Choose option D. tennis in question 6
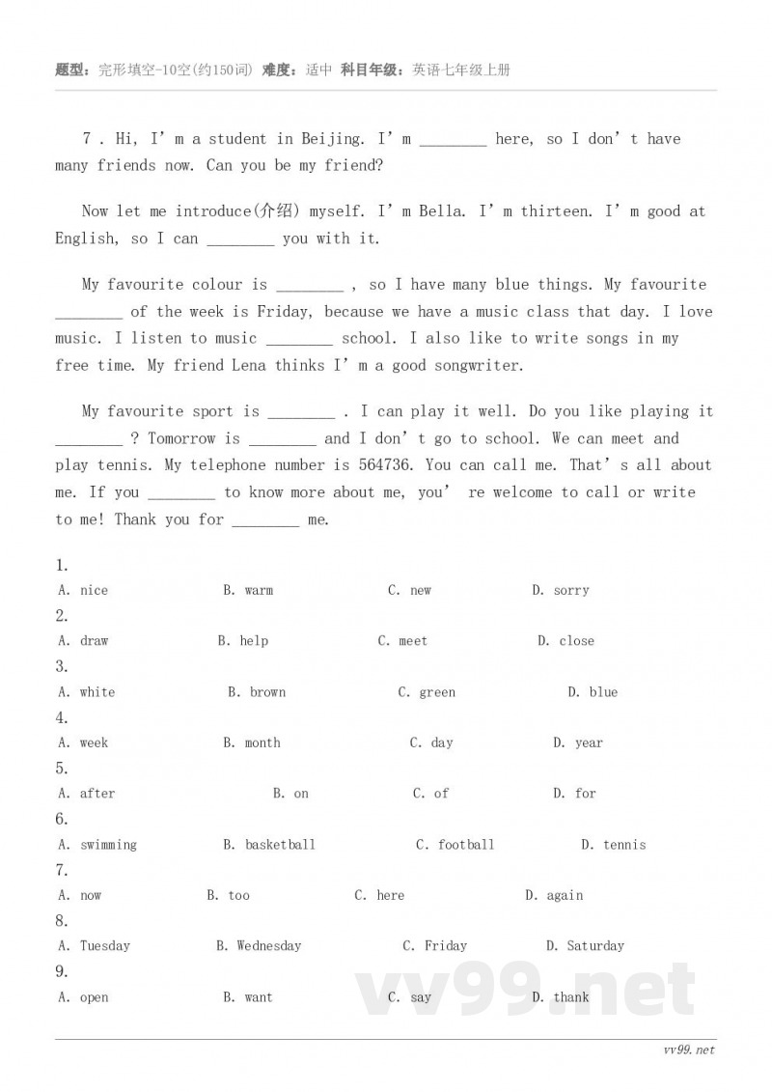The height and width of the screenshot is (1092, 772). tap(614, 845)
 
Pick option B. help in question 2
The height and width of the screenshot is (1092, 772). tap(243, 641)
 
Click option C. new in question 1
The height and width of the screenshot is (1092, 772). tap(410, 591)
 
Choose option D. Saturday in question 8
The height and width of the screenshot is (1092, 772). tap(585, 946)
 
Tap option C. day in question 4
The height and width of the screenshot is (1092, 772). tap(431, 743)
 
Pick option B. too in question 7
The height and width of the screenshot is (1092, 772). tap(229, 896)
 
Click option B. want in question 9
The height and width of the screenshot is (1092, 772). tap(248, 997)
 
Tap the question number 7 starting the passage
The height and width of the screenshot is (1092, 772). tap(87, 139)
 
